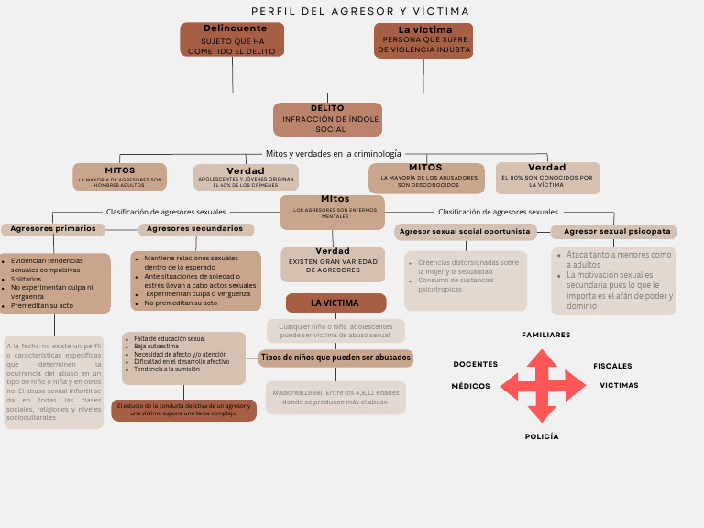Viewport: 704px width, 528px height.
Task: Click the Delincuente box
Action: click(232, 39)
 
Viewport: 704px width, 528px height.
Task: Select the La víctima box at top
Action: click(423, 40)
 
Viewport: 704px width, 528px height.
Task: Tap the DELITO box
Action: click(327, 119)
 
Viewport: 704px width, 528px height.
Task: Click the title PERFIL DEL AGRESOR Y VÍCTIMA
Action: click(360, 11)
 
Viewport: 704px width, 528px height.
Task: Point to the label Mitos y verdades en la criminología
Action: click(333, 154)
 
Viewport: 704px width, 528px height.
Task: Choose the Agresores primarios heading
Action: click(53, 229)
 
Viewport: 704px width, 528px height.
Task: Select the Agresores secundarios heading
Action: click(195, 229)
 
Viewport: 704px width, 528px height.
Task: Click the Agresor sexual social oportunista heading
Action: click(465, 232)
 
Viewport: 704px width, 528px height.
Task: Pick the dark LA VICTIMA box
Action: click(335, 303)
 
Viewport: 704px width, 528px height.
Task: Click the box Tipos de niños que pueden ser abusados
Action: click(335, 357)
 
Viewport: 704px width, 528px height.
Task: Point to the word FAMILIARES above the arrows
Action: click(545, 335)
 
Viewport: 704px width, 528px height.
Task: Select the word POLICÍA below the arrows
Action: click(542, 436)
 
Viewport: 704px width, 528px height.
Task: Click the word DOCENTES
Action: click(476, 365)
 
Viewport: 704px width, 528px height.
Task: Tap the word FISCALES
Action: click(612, 366)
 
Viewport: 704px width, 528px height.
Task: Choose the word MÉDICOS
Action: click(470, 386)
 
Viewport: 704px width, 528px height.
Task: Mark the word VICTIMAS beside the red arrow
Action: click(619, 385)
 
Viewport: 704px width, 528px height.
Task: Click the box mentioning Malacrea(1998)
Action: click(335, 397)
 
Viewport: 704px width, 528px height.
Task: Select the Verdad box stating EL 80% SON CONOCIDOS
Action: click(547, 178)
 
